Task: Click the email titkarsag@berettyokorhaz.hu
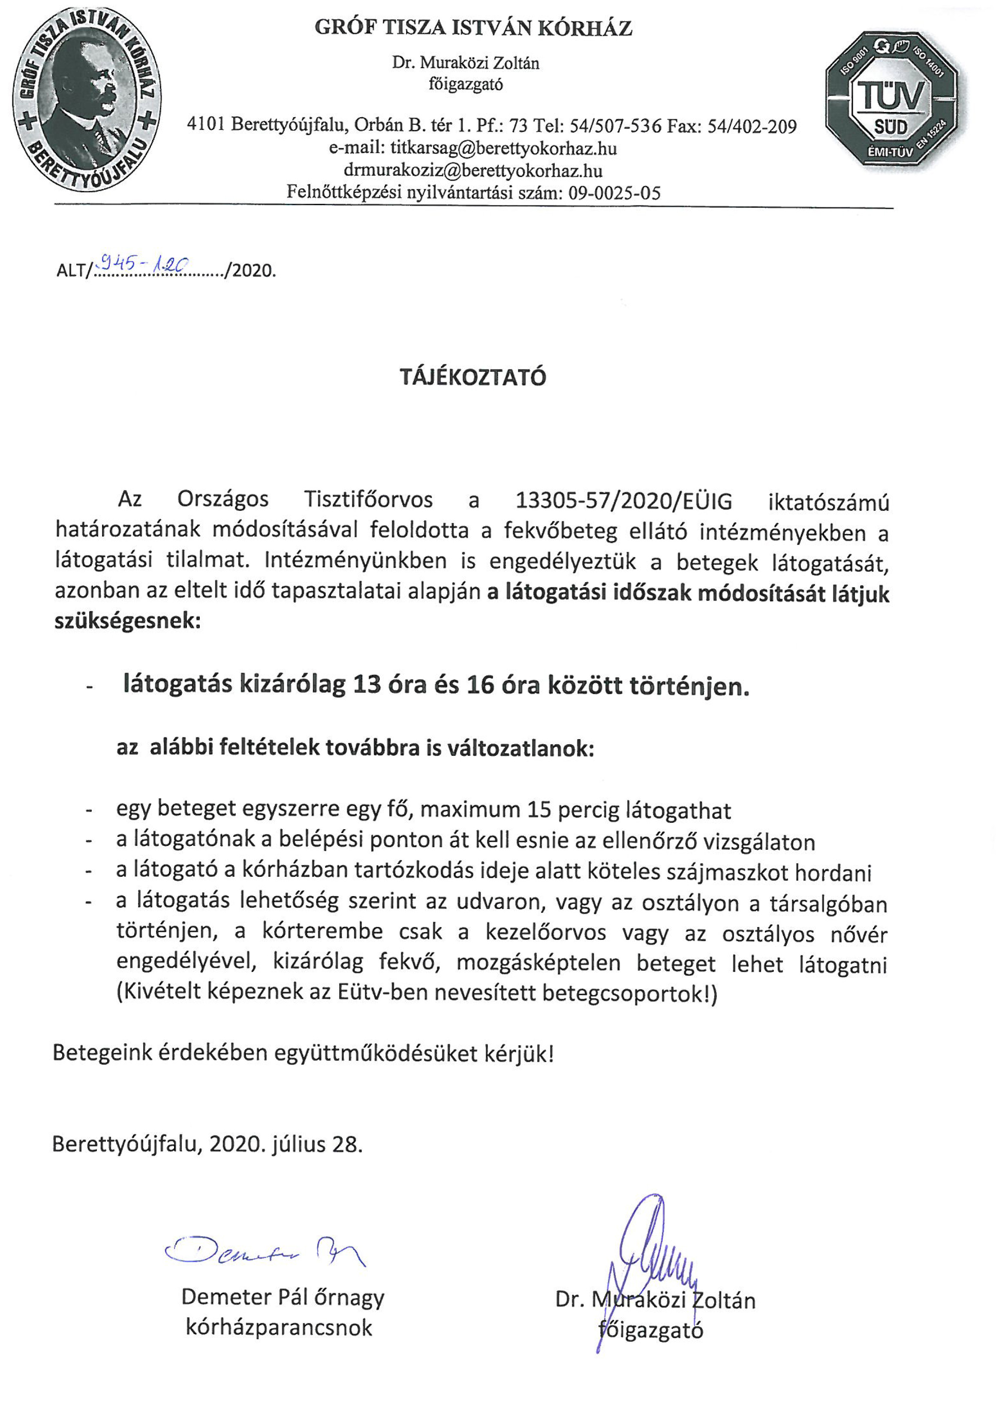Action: [503, 148]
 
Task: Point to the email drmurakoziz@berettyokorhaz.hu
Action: [473, 170]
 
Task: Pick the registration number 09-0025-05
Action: [614, 193]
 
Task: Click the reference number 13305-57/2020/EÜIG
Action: [624, 501]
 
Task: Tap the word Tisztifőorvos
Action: [368, 499]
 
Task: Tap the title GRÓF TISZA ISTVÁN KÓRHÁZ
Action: [473, 28]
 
